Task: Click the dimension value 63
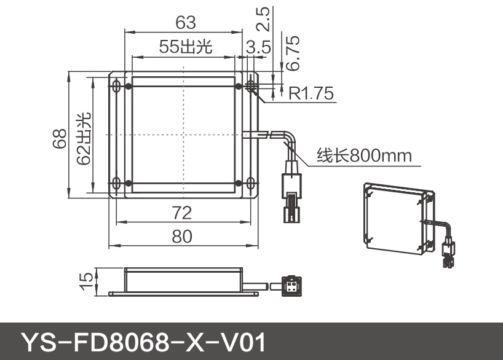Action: [x=185, y=23]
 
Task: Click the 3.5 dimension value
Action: [x=258, y=47]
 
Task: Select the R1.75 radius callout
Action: [x=311, y=93]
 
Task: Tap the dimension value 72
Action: [x=181, y=213]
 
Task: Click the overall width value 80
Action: [x=181, y=237]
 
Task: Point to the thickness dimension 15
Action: [x=87, y=280]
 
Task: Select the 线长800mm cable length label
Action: [x=363, y=155]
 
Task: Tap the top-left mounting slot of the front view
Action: [x=115, y=86]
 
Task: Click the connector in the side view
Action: [x=290, y=285]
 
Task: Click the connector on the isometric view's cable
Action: [x=447, y=254]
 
